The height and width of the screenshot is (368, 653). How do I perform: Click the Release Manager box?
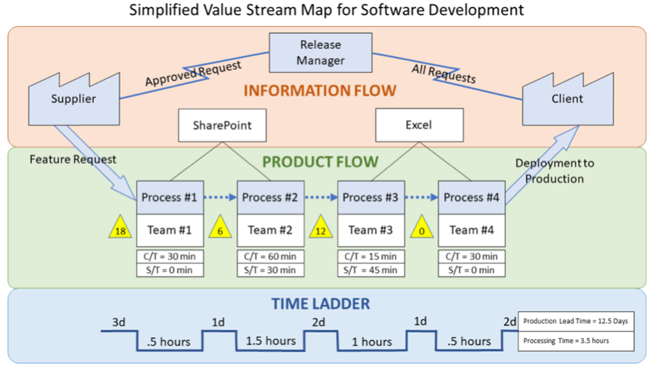pyautogui.click(x=321, y=53)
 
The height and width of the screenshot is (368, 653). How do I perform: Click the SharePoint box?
pyautogui.click(x=222, y=125)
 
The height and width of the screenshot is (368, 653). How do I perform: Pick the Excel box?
pyautogui.click(x=419, y=125)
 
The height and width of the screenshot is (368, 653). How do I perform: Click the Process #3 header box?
pyautogui.click(x=371, y=197)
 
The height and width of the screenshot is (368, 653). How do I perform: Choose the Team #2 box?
pyautogui.click(x=270, y=230)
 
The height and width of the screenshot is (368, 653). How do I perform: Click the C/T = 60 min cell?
pyautogui.click(x=270, y=257)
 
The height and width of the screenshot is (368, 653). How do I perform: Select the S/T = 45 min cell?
pyautogui.click(x=371, y=270)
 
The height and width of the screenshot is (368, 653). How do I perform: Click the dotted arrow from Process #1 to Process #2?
pyautogui.click(x=220, y=197)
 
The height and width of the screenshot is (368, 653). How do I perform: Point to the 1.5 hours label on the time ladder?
pyautogui.click(x=271, y=341)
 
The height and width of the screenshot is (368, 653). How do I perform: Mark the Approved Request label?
pyautogui.click(x=193, y=73)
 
